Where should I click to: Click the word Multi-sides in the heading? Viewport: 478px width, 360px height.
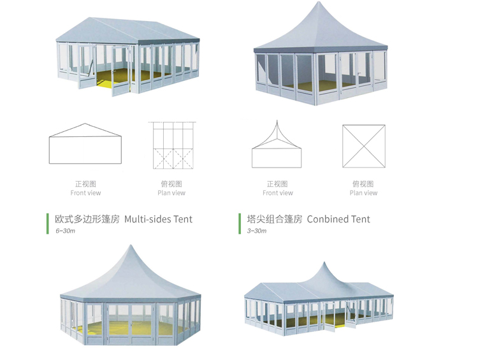coord(147,219)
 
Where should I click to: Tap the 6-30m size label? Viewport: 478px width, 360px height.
coord(65,231)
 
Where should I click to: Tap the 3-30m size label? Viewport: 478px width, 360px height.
coord(257,231)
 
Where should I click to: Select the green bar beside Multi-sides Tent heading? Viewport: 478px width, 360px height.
coord(48,224)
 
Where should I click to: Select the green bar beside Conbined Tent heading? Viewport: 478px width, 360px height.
coord(240,224)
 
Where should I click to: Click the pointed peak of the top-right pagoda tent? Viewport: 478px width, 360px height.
coord(319,2)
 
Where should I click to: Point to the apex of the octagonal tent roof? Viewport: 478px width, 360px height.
coord(131,245)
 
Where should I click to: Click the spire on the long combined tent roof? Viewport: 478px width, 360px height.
coord(324,262)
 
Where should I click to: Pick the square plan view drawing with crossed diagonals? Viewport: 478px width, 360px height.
coord(364,146)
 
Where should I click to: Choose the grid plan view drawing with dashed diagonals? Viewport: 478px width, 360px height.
coord(173,145)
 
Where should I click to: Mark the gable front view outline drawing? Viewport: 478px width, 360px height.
coord(85,143)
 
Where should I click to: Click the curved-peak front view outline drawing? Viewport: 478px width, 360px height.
coord(277,144)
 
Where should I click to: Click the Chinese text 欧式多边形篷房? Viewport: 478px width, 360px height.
coord(87,219)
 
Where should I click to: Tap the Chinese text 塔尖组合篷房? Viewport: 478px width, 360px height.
coord(275,219)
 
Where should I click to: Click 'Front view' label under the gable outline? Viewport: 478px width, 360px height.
coord(85,192)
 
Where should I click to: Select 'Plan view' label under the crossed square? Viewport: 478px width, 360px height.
coord(363,192)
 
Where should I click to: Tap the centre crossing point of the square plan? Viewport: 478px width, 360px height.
coord(364,146)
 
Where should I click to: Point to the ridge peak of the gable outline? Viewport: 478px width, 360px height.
coord(85,124)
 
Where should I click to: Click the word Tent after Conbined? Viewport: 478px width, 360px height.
coord(360,219)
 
